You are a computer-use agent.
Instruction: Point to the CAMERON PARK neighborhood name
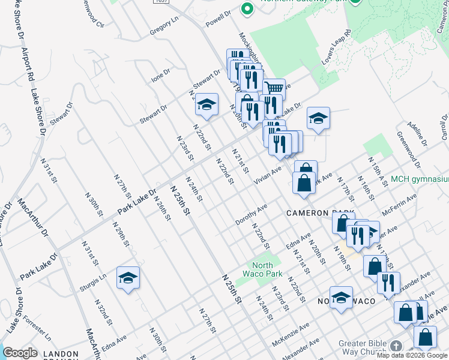tap(316, 213)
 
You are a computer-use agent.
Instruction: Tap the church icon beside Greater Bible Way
tap(396, 346)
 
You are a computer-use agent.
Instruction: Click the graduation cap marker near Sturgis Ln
tap(128, 277)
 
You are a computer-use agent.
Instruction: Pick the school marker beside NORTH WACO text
tap(341, 298)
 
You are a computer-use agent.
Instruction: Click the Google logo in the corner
tap(20, 353)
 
